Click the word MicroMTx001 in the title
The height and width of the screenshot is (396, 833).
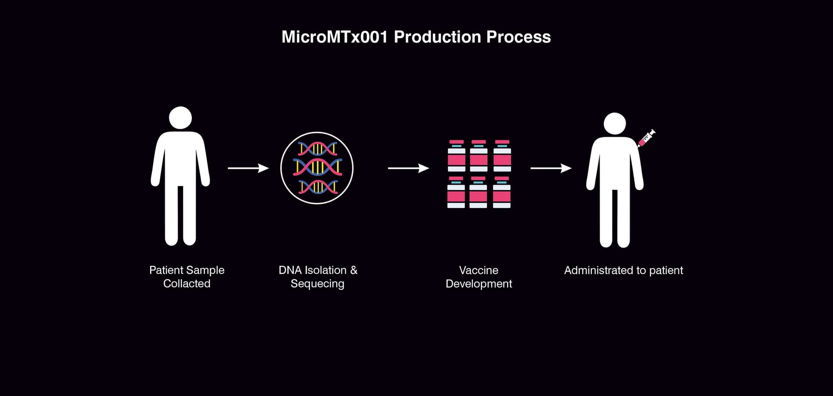point(334,37)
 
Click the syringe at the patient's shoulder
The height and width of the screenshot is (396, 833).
point(646,138)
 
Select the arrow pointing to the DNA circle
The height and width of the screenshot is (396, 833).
point(248,168)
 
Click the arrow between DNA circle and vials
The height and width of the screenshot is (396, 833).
point(408,168)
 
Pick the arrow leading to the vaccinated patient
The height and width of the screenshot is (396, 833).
point(551,168)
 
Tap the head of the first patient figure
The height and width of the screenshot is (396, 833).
point(180,117)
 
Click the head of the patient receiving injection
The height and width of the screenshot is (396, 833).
point(614,123)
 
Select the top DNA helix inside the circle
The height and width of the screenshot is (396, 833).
point(318,149)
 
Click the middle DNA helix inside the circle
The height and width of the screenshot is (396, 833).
point(318,167)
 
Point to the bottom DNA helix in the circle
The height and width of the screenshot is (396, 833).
point(318,187)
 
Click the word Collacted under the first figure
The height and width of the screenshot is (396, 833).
point(187,284)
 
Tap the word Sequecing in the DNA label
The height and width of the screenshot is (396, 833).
point(317,284)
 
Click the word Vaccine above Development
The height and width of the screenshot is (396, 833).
point(479,270)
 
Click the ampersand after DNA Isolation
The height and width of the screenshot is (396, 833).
point(354,270)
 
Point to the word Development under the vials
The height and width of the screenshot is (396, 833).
point(479,284)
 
